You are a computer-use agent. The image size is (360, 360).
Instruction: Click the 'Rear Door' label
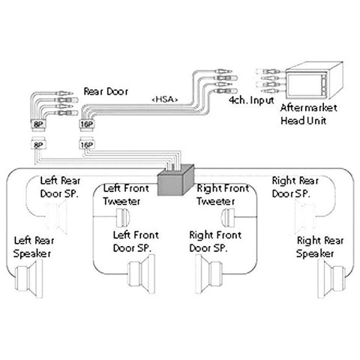[106, 91]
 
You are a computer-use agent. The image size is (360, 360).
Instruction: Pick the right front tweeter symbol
[230, 218]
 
